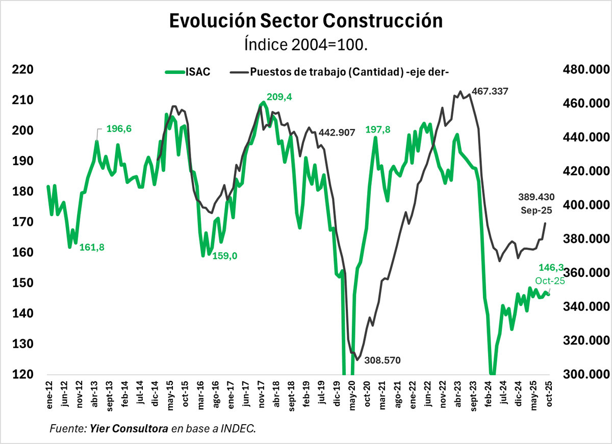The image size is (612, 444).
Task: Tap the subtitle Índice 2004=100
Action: [x=305, y=45]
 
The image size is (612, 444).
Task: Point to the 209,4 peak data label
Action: [x=279, y=97]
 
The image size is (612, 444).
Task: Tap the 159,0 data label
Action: [x=225, y=256]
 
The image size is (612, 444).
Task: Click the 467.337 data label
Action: [x=490, y=91]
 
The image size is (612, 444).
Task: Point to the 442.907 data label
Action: [x=339, y=133]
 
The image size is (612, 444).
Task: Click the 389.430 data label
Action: [x=536, y=196]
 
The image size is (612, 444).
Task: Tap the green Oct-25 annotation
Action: [x=550, y=281]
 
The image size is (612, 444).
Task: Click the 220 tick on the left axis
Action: [x=22, y=69]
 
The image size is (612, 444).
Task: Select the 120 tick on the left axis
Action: [x=22, y=374]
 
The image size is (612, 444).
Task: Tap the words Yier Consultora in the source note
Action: [x=129, y=429]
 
